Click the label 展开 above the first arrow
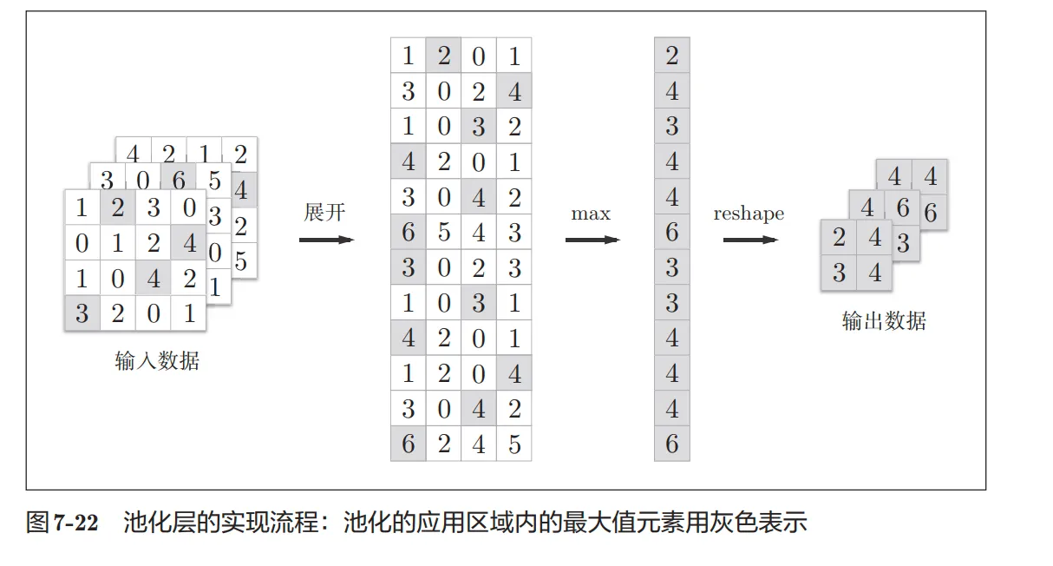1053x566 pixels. pyautogui.click(x=324, y=213)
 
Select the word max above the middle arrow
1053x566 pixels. pyautogui.click(x=591, y=214)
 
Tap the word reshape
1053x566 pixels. pyautogui.click(x=749, y=214)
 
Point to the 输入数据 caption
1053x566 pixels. pyautogui.click(x=157, y=361)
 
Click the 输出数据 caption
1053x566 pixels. pyautogui.click(x=884, y=321)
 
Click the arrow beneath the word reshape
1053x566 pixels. pyautogui.click(x=750, y=239)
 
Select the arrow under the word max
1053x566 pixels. pyautogui.click(x=592, y=239)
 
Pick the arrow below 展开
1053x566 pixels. pyautogui.click(x=326, y=239)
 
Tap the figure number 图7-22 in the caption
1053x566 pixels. pyautogui.click(x=62, y=523)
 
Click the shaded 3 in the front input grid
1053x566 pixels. pyautogui.click(x=82, y=313)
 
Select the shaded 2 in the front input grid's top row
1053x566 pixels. pyautogui.click(x=118, y=209)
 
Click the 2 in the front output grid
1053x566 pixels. pyautogui.click(x=839, y=238)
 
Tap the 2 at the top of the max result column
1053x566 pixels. pyautogui.click(x=672, y=56)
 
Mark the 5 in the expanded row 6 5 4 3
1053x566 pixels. pyautogui.click(x=443, y=233)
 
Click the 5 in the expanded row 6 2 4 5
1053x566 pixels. pyautogui.click(x=514, y=444)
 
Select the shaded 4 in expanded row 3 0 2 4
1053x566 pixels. pyautogui.click(x=514, y=92)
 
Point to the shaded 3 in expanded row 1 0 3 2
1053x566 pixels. pyautogui.click(x=479, y=127)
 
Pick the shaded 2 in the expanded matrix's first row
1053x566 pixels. pyautogui.click(x=443, y=56)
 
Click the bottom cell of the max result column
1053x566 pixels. pyautogui.click(x=672, y=444)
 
